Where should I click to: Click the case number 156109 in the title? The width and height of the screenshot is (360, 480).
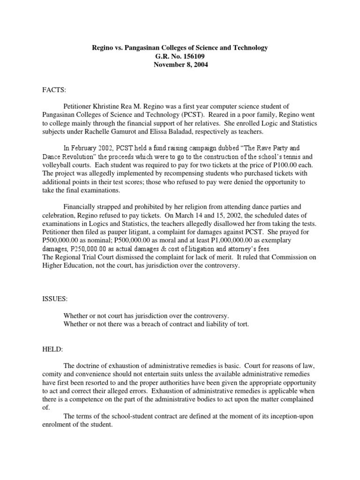pos(192,57)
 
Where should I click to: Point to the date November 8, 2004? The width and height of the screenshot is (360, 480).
pos(180,65)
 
